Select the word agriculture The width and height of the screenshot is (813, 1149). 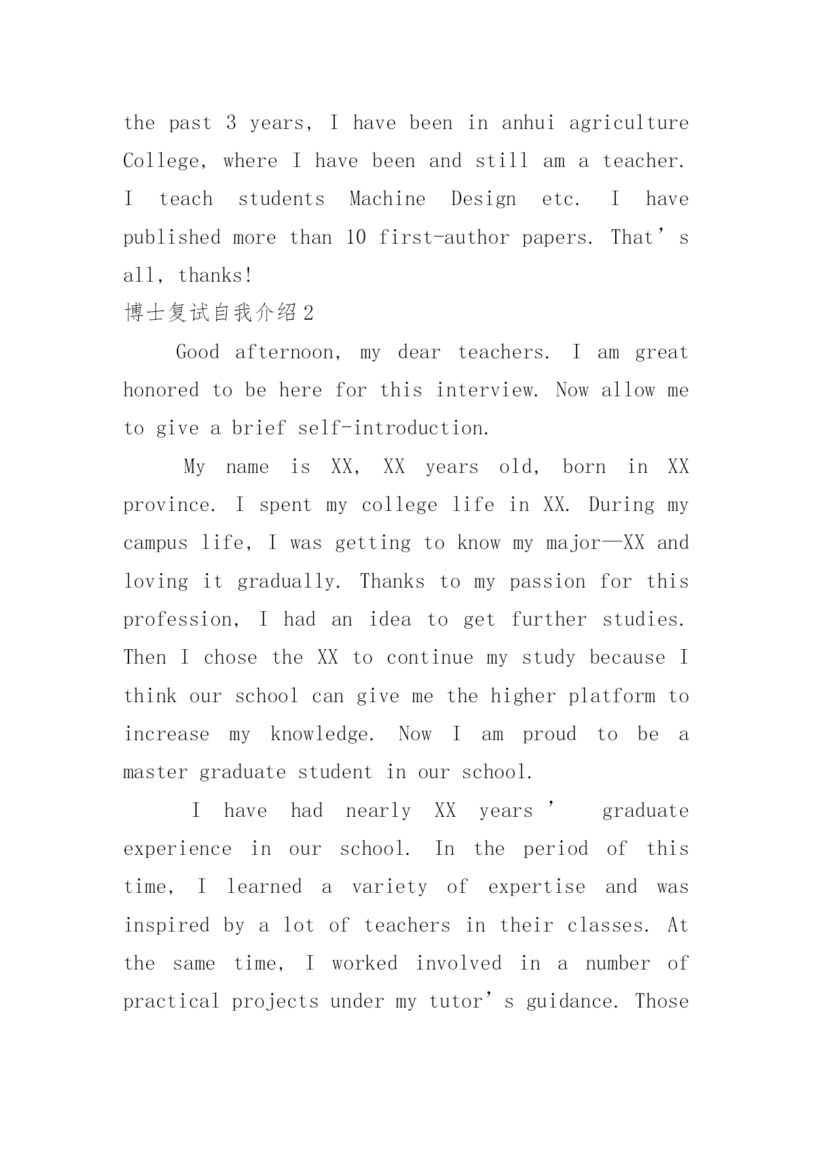click(628, 123)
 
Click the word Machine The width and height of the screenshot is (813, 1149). click(387, 199)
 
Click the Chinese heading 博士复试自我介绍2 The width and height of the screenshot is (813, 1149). click(219, 313)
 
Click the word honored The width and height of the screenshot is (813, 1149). click(161, 390)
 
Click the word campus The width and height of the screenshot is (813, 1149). click(155, 543)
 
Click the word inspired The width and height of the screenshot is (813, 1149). click(166, 926)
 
